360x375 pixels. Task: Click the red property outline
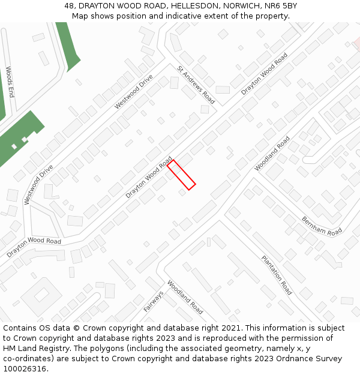tap(181, 175)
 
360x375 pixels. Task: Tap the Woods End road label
tap(10, 82)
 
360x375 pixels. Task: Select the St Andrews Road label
tap(196, 85)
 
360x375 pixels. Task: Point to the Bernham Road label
tap(322, 226)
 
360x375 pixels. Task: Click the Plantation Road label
tap(277, 275)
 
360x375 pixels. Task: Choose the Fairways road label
tap(154, 301)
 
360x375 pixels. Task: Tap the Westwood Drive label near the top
tap(134, 91)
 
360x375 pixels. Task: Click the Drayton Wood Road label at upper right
tap(264, 74)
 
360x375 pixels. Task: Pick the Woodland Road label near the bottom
tap(185, 297)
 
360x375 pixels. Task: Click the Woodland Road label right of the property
tap(272, 154)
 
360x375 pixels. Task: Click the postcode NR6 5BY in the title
tap(281, 6)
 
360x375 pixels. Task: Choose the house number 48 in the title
tap(70, 6)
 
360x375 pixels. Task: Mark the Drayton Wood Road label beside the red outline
tap(149, 178)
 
